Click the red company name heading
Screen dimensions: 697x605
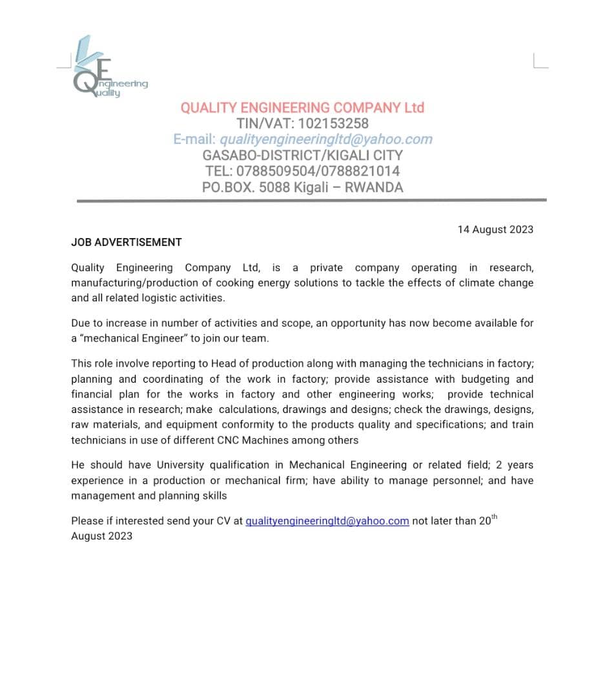tap(302, 108)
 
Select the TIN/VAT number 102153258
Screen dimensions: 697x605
tap(333, 123)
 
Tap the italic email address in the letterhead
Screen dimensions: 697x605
tap(326, 139)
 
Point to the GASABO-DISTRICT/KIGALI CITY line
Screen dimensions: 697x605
tap(302, 156)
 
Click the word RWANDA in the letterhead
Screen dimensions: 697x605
tap(374, 188)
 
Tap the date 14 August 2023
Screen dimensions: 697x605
tap(495, 230)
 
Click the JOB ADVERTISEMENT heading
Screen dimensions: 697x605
tap(127, 243)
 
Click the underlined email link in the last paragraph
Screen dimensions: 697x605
tap(327, 521)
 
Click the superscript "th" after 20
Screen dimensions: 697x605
tap(495, 518)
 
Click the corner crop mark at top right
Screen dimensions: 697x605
tap(540, 61)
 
